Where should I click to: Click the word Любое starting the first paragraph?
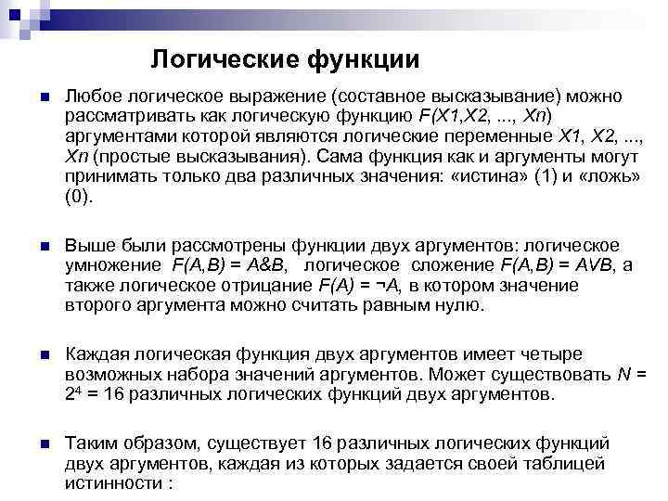89,97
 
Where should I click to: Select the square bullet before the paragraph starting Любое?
33,98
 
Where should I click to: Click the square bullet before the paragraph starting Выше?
33,247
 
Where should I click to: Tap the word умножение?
109,267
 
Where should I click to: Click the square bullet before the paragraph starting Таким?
33,443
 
